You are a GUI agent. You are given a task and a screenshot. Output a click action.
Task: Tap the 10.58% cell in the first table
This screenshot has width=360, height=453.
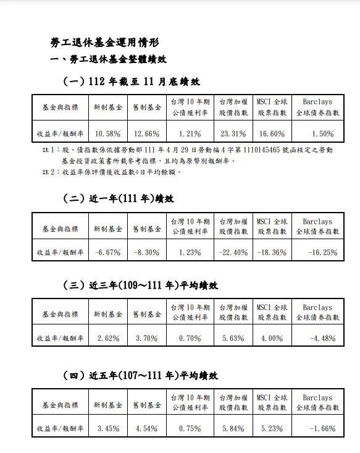click(x=108, y=133)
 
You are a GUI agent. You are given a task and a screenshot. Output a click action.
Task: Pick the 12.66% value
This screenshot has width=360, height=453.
click(x=146, y=133)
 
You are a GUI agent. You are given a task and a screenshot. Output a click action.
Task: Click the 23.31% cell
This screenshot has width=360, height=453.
click(x=233, y=133)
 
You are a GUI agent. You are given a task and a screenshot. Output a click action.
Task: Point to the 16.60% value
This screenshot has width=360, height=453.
click(x=271, y=133)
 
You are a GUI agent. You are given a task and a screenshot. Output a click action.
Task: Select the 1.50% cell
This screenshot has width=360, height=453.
click(x=322, y=133)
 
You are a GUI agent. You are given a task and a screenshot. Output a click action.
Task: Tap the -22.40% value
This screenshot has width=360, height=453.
click(x=232, y=252)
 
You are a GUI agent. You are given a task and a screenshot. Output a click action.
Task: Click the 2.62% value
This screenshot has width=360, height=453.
click(x=108, y=338)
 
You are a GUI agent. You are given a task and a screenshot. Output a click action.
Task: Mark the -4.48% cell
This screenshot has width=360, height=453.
click(x=323, y=338)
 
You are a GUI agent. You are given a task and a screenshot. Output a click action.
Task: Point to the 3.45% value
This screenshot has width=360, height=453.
click(x=108, y=429)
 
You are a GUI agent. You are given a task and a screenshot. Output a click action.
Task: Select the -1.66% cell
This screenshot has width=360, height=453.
click(x=323, y=429)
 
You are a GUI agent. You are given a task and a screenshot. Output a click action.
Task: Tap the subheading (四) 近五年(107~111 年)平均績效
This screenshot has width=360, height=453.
click(x=141, y=376)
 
